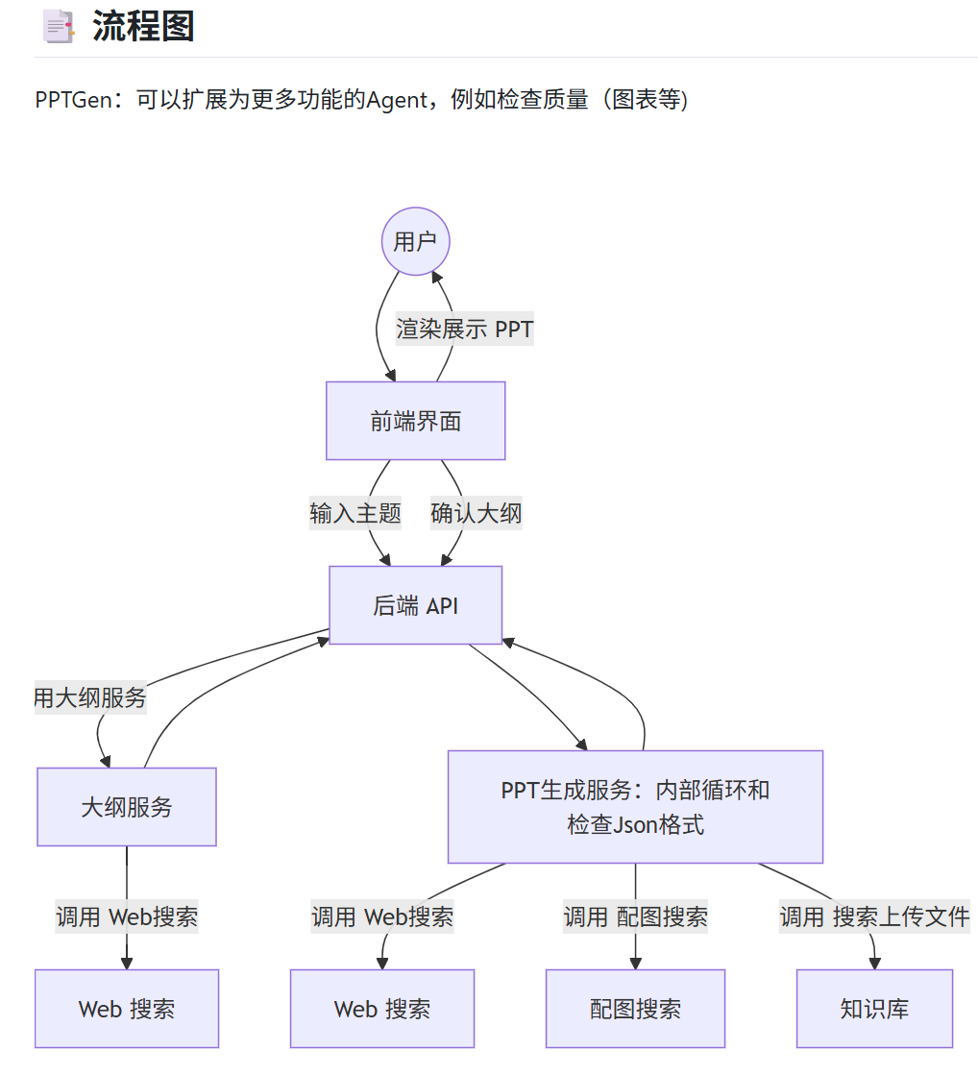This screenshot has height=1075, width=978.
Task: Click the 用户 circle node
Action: [415, 241]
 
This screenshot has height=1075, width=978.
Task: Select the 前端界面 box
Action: [415, 421]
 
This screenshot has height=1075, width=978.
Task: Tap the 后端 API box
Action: [415, 605]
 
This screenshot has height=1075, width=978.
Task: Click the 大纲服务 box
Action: [127, 807]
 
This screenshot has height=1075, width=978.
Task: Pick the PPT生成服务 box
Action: [635, 807]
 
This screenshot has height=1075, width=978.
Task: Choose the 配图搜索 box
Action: [635, 1009]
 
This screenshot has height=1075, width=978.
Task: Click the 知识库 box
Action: [874, 1009]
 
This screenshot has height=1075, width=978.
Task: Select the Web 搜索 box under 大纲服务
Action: [127, 1009]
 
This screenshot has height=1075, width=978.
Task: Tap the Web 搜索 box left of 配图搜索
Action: [382, 1009]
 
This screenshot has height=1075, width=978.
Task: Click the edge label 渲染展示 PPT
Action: [465, 330]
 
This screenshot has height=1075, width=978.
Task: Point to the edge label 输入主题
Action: [355, 513]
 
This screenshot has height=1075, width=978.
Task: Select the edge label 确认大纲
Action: [477, 513]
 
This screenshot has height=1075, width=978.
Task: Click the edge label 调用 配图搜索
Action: [635, 916]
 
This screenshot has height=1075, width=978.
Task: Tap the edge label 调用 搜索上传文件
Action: [874, 916]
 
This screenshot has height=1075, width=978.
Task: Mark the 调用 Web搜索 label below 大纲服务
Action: [127, 916]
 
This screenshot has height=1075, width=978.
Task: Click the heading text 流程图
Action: [143, 26]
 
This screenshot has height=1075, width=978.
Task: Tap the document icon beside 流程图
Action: [59, 27]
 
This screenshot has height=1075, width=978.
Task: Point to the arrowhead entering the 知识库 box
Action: [874, 963]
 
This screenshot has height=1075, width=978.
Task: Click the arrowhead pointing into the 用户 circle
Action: [436, 279]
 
